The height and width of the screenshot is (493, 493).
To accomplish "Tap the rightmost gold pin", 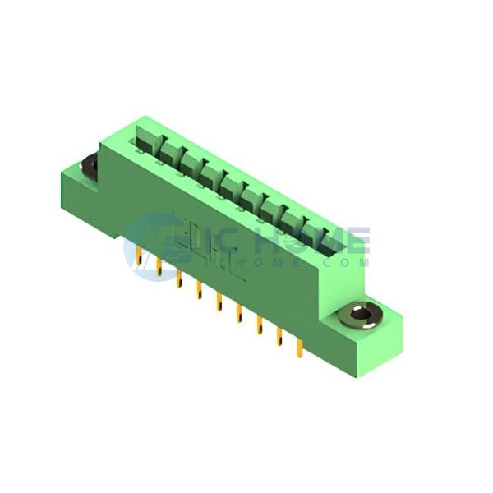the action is pos(299,350).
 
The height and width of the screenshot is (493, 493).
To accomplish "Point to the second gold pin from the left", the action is pos(159,267).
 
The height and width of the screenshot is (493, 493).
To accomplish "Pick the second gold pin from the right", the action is pos(279,338).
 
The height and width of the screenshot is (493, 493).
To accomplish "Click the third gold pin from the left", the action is pos(179,279).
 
